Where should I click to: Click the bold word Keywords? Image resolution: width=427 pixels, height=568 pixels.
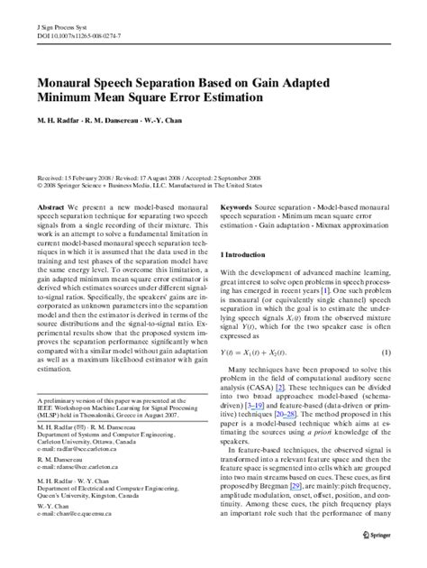(x=238, y=206)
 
